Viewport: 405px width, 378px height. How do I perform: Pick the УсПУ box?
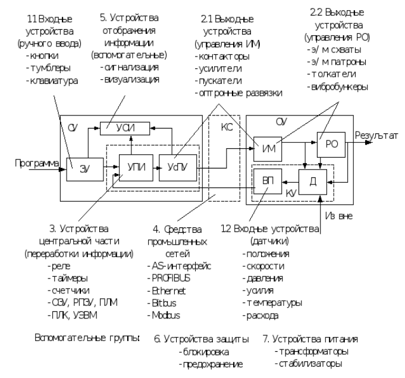click(172, 164)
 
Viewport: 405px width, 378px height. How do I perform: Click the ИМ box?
click(266, 147)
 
